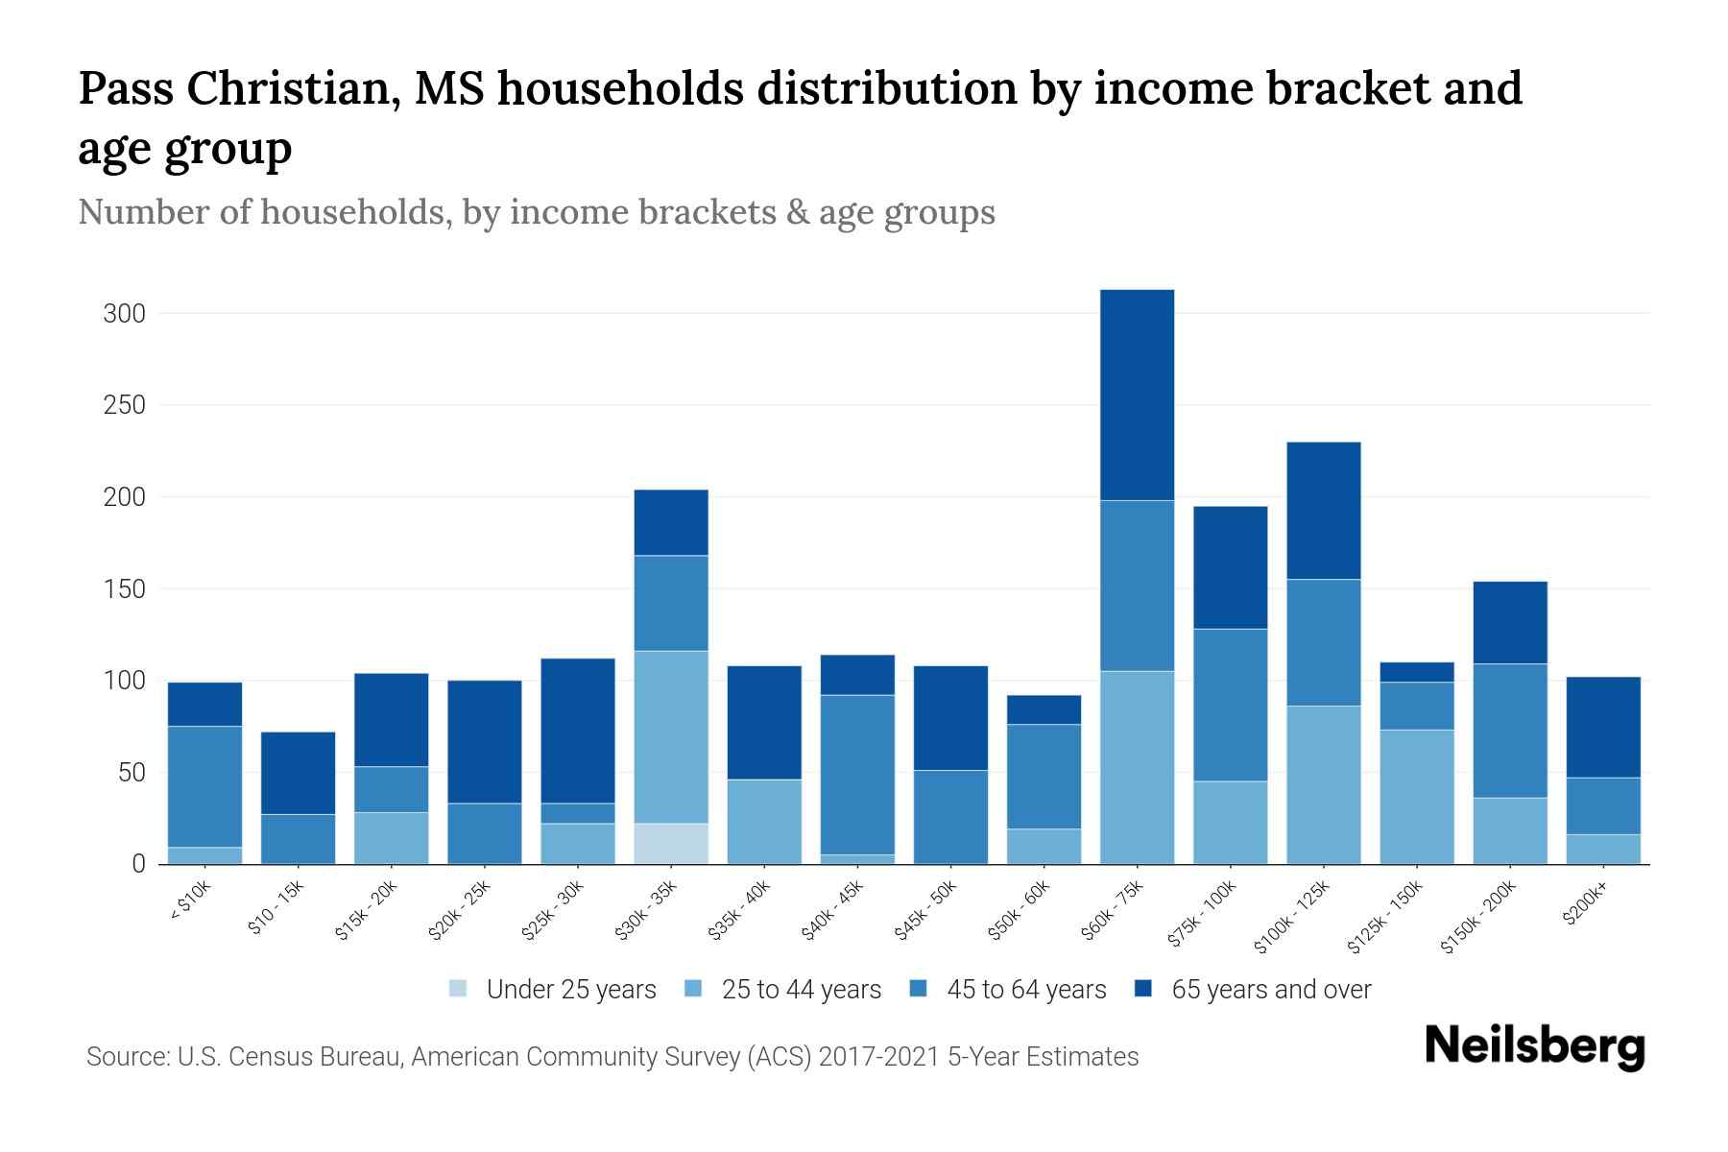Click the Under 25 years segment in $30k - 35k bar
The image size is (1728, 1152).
(x=671, y=844)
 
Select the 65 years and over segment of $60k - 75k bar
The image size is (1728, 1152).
(x=1137, y=395)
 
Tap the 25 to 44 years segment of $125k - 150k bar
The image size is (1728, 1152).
(x=1417, y=797)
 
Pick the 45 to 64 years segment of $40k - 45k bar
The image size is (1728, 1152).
(x=857, y=775)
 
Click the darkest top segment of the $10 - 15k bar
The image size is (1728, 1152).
(x=298, y=773)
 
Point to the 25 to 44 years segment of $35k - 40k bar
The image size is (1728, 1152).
(x=764, y=822)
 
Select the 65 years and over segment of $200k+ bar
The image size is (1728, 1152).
(x=1603, y=727)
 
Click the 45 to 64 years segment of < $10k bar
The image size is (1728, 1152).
(x=204, y=786)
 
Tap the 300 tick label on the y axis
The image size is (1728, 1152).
(x=124, y=314)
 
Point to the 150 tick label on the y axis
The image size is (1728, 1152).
(x=124, y=588)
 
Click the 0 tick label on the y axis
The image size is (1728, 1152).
(x=138, y=864)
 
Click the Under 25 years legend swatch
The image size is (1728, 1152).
(x=459, y=989)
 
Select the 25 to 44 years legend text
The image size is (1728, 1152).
(x=801, y=990)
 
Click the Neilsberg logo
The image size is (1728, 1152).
(x=1534, y=1045)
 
